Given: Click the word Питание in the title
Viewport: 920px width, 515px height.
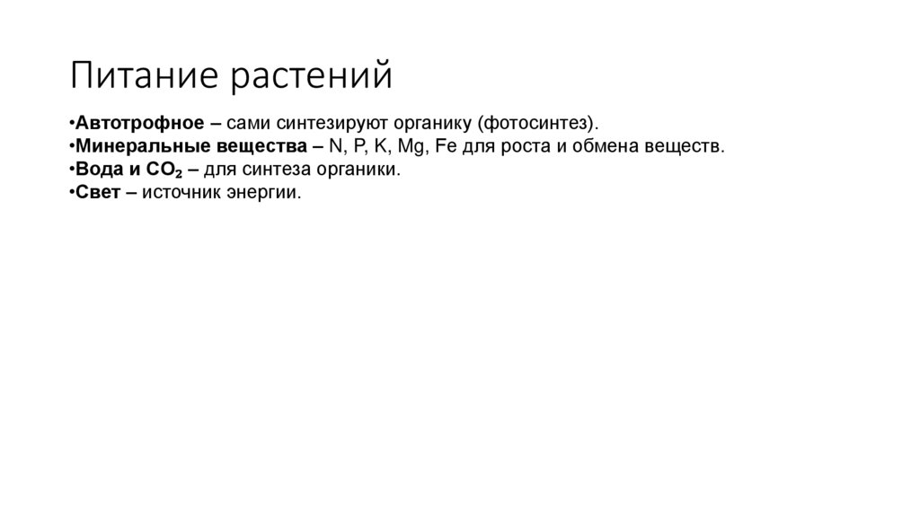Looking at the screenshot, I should pyautogui.click(x=146, y=76).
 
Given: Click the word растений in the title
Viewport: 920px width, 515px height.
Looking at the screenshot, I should pyautogui.click(x=314, y=76).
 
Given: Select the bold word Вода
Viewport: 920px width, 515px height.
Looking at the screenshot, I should pyautogui.click(x=99, y=169).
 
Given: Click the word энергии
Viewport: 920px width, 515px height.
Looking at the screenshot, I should pyautogui.click(x=267, y=192).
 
